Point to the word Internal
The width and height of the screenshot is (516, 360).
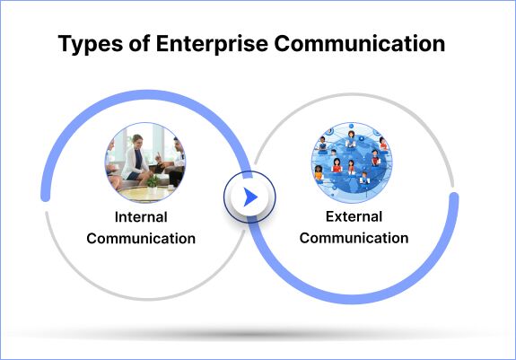pos(141,217)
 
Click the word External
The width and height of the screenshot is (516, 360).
pos(354,216)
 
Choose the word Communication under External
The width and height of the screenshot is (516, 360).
pos(354,238)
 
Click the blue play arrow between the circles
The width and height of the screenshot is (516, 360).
pos(250,197)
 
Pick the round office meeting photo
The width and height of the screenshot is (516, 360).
pos(144,162)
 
